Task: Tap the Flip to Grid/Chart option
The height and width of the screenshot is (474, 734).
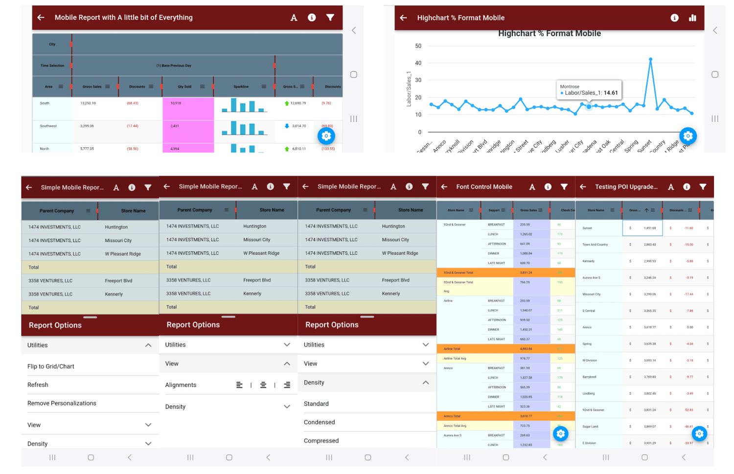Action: (x=51, y=366)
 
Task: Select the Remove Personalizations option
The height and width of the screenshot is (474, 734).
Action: (x=62, y=404)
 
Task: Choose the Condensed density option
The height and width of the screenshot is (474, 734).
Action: (x=319, y=422)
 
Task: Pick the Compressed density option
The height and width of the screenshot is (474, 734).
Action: (x=321, y=441)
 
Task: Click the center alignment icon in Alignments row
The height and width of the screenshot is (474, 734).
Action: (x=263, y=385)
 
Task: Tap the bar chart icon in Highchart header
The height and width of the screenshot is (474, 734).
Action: (x=692, y=18)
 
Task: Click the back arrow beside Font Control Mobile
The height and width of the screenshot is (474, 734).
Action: (x=444, y=187)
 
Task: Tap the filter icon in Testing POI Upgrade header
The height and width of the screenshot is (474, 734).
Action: (x=703, y=187)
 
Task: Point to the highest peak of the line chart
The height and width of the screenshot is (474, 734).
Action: (x=650, y=59)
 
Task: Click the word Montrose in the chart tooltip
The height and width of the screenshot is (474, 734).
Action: (x=570, y=87)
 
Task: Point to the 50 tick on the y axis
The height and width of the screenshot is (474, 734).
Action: (x=418, y=46)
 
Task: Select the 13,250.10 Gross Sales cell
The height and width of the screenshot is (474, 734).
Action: (x=88, y=103)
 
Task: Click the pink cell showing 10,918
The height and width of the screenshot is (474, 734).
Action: (x=176, y=103)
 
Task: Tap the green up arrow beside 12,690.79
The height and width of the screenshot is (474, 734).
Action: (x=287, y=103)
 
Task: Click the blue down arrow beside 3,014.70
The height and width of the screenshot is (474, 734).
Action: (x=287, y=126)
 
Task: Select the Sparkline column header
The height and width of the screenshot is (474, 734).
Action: (x=241, y=87)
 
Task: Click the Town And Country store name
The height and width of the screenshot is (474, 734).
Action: (x=595, y=245)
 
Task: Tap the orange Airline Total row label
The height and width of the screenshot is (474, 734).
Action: (x=452, y=349)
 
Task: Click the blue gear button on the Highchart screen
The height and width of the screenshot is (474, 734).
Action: (x=688, y=136)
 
